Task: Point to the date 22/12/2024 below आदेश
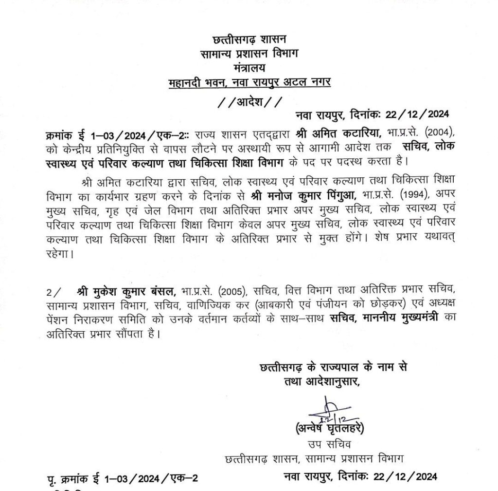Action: [x=417, y=115]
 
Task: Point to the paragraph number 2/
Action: [x=54, y=292]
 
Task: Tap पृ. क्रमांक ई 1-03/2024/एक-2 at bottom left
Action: [x=121, y=477]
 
